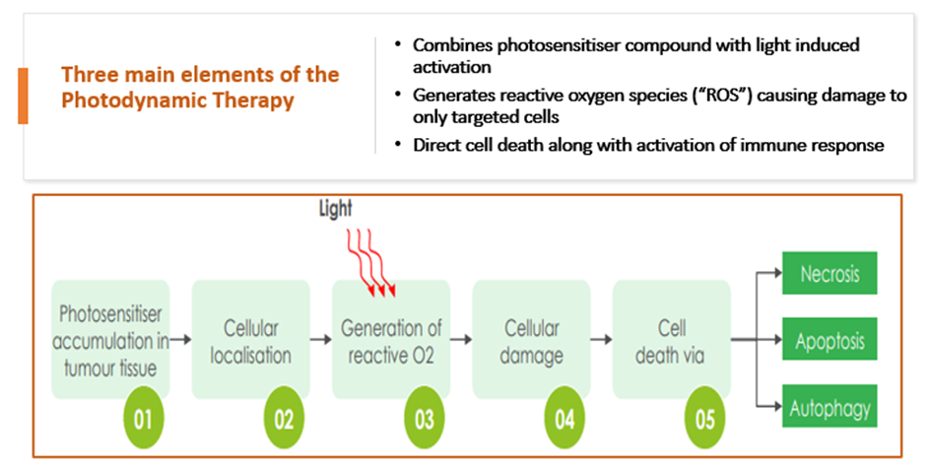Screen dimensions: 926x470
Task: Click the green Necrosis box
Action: (829, 273)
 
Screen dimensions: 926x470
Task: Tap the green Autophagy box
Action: (829, 406)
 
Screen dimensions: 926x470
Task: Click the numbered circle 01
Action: (144, 419)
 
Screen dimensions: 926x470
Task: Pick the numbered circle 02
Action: (284, 419)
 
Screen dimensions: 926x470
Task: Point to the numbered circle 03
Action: (424, 419)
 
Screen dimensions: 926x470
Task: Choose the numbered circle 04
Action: (564, 419)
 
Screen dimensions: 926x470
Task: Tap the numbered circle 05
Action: (705, 419)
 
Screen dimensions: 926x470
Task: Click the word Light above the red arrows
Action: (336, 209)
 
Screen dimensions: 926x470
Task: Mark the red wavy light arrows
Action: (370, 263)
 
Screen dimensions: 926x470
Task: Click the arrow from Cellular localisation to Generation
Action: (321, 340)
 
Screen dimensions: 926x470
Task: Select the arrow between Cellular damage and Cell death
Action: (601, 340)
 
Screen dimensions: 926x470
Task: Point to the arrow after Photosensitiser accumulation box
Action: (180, 340)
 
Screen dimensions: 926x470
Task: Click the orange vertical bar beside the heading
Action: (23, 97)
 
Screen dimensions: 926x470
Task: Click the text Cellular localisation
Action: (251, 342)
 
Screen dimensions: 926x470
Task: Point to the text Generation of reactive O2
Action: (391, 342)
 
